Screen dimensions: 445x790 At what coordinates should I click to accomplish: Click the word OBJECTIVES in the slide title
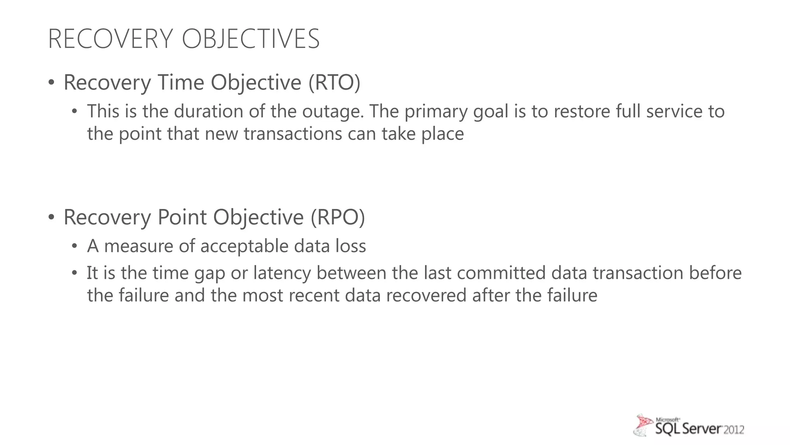pos(251,39)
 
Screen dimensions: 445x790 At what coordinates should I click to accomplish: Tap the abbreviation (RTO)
pos(334,82)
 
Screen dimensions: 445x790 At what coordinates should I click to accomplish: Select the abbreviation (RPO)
pos(338,217)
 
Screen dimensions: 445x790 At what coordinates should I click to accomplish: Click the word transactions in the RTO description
pos(293,134)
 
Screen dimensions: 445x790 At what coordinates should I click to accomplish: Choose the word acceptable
pos(245,246)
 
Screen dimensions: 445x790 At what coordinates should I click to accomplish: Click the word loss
pos(351,246)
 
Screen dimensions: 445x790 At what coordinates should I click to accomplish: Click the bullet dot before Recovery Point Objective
pos(51,217)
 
